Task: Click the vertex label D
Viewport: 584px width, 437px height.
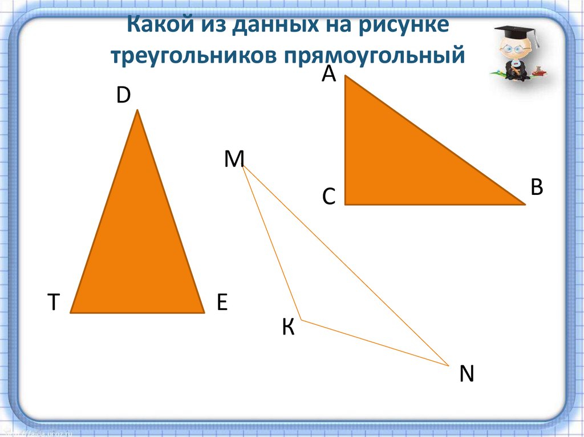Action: pyautogui.click(x=123, y=96)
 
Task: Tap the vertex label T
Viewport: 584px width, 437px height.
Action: pyautogui.click(x=54, y=302)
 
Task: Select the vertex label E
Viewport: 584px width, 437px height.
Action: pyautogui.click(x=222, y=302)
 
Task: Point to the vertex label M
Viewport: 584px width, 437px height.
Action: pyautogui.click(x=234, y=160)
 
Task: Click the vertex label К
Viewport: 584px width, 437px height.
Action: pyautogui.click(x=289, y=328)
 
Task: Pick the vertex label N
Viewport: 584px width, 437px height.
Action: pyautogui.click(x=467, y=374)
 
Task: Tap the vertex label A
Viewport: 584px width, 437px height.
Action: pyautogui.click(x=328, y=73)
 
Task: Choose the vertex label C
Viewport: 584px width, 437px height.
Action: pyautogui.click(x=328, y=197)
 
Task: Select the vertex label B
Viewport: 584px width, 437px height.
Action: pyautogui.click(x=536, y=187)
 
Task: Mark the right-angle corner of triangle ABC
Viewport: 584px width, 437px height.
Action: pyautogui.click(x=346, y=203)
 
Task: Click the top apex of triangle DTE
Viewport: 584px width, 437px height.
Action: pyautogui.click(x=137, y=112)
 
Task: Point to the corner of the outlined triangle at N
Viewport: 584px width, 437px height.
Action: pyautogui.click(x=448, y=365)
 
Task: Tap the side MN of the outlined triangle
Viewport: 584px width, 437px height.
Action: pyautogui.click(x=346, y=266)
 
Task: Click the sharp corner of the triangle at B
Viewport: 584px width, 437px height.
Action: pyautogui.click(x=522, y=203)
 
